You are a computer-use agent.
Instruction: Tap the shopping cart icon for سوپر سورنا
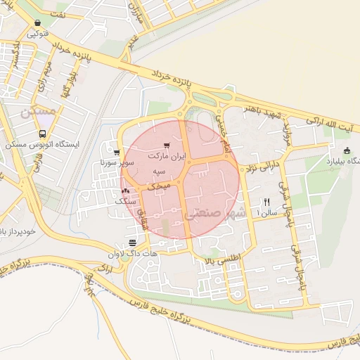pos(116,152)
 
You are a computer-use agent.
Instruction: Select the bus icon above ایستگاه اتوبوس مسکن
pos(43,134)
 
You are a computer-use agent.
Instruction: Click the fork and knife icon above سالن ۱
pos(266,201)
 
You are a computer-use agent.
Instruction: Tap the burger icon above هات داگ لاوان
pos(132,243)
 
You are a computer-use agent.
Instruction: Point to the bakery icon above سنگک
pos(126,191)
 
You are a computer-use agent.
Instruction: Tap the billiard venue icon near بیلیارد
pos(347,150)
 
